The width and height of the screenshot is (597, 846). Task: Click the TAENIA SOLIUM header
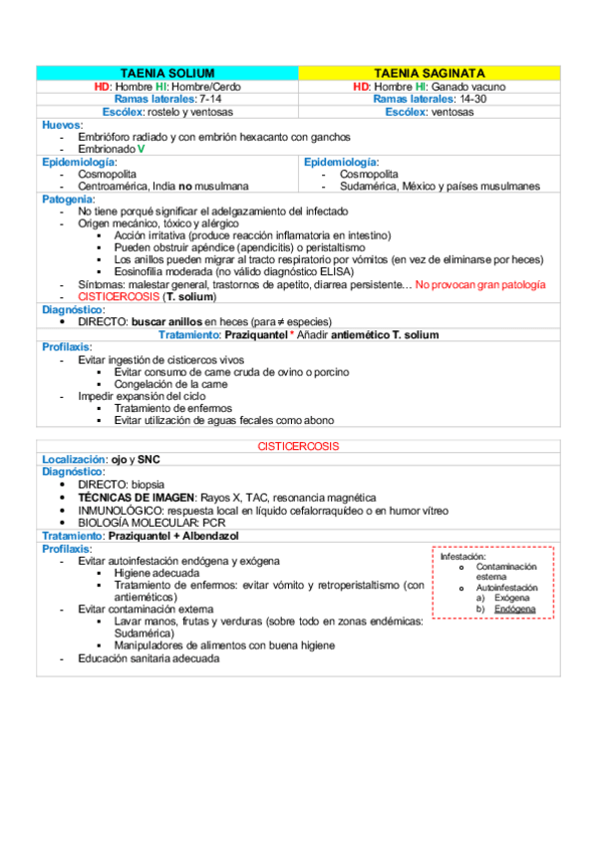click(x=167, y=74)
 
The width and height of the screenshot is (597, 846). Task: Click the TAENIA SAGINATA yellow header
click(x=430, y=74)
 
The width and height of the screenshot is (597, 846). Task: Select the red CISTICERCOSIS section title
click(x=298, y=445)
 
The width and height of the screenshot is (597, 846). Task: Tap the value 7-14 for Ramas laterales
click(x=210, y=100)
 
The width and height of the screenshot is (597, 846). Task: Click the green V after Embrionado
click(x=142, y=148)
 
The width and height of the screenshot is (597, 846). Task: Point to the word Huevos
click(x=61, y=124)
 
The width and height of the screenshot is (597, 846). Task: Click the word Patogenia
click(x=67, y=199)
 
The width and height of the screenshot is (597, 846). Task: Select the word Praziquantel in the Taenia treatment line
click(x=256, y=335)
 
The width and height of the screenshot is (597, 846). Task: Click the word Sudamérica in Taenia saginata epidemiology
click(x=371, y=186)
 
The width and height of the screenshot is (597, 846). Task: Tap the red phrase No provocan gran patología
click(x=480, y=285)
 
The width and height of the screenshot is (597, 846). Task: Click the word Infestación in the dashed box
click(x=462, y=557)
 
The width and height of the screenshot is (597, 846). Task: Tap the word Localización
click(x=76, y=459)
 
